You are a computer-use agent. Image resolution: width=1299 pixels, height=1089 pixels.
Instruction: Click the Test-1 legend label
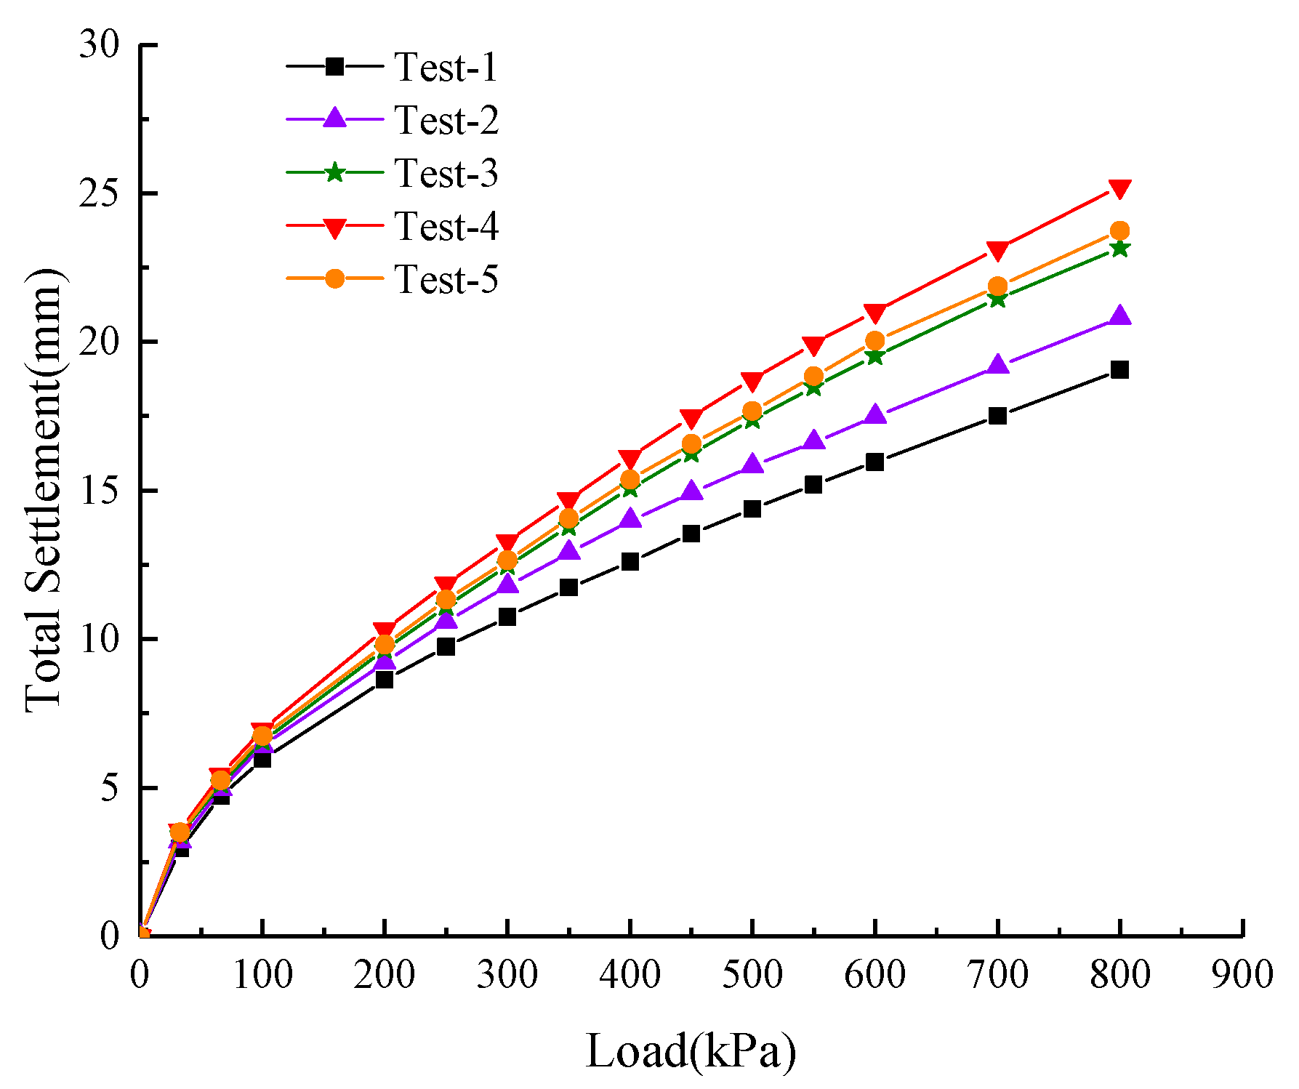point(446,67)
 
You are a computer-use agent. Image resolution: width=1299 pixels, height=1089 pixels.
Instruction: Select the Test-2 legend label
point(446,120)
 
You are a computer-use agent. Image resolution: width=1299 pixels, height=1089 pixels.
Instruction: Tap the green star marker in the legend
point(334,173)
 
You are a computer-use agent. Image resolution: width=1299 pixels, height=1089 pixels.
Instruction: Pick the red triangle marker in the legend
point(334,228)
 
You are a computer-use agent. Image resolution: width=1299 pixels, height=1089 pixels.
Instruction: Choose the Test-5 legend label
point(446,279)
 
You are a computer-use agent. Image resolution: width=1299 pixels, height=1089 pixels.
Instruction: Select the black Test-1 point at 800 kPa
point(1119,370)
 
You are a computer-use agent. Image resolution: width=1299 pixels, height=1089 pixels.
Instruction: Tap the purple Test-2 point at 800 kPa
point(1119,316)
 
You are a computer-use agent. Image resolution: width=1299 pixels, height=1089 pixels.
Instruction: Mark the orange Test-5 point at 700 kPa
point(997,286)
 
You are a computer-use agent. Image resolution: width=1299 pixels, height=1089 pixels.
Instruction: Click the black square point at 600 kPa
point(874,462)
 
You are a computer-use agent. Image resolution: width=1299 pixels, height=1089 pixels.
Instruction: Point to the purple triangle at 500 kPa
point(752,464)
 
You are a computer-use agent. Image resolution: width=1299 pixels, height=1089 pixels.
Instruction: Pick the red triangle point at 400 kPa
point(630,459)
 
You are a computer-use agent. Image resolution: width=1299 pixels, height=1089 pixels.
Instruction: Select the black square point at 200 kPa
point(385,680)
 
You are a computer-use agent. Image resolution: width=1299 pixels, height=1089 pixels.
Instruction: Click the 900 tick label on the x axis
point(1242,974)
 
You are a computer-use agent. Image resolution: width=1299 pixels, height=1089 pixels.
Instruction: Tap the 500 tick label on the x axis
point(752,974)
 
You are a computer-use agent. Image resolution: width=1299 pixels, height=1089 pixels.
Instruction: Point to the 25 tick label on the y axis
point(100,193)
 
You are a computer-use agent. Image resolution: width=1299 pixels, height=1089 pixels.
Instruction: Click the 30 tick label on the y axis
point(100,45)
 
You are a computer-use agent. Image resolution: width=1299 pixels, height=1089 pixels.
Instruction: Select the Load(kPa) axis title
point(690,1051)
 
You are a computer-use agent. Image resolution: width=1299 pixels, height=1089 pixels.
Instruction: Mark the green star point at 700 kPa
point(997,299)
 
